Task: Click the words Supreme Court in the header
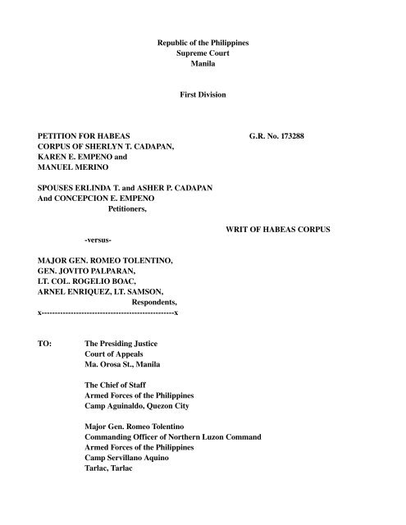202,51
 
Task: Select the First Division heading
202,96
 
